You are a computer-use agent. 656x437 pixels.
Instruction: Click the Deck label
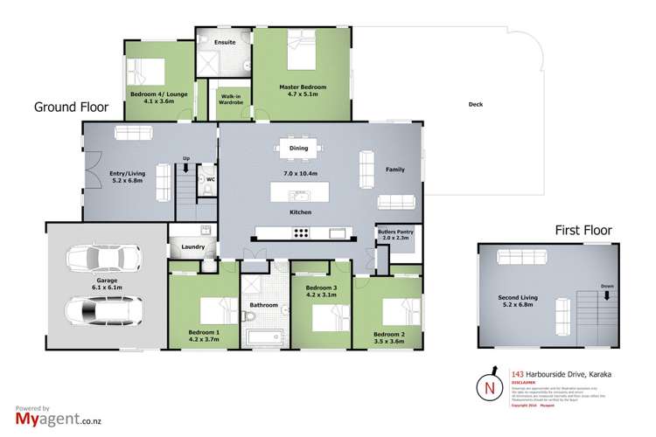pos(476,105)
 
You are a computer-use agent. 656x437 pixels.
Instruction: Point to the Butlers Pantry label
pos(395,235)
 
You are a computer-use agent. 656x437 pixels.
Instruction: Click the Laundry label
pos(194,247)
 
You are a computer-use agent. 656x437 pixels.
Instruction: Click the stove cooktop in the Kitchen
pos(300,232)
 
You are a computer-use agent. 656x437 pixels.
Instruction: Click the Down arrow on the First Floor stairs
pos(606,294)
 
